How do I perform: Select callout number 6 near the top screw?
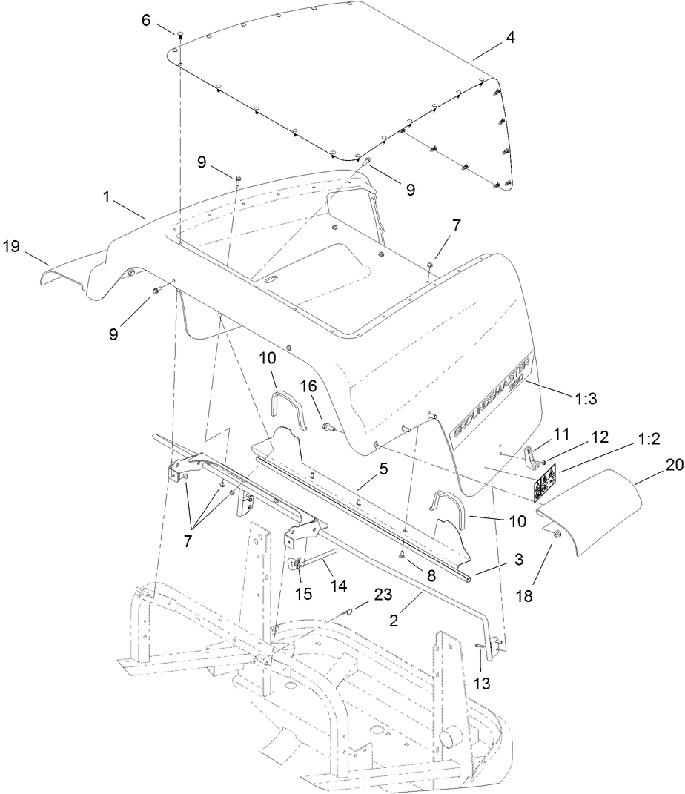click(147, 21)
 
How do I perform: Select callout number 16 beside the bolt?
click(308, 386)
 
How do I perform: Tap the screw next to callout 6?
click(179, 33)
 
